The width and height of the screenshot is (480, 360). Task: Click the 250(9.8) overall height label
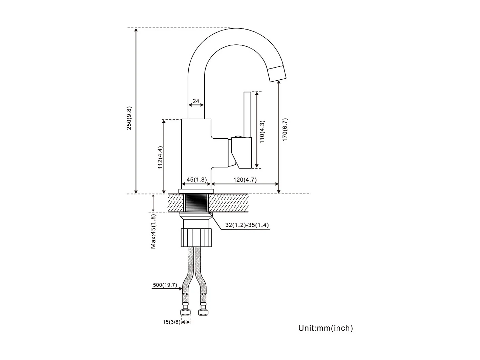(x=129, y=118)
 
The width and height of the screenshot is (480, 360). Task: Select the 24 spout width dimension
(x=196, y=101)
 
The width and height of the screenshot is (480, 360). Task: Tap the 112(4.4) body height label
(x=160, y=157)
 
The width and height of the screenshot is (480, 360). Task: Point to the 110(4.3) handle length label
(x=262, y=132)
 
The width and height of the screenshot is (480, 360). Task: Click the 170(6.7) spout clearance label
(x=285, y=129)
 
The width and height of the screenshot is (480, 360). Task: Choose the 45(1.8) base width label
(x=196, y=180)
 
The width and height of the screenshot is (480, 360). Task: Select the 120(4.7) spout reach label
(x=245, y=180)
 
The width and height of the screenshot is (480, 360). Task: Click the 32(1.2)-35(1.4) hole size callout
(x=247, y=225)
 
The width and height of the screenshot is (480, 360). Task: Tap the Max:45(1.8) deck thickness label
(x=153, y=232)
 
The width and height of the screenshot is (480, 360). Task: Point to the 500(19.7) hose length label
(x=165, y=285)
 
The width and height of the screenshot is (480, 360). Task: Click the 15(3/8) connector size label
(x=171, y=322)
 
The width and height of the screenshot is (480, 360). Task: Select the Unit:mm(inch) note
(x=325, y=328)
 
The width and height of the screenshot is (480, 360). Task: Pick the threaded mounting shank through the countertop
(x=196, y=203)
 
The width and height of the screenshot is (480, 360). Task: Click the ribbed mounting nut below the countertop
(x=196, y=238)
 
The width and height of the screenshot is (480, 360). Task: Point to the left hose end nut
(x=185, y=311)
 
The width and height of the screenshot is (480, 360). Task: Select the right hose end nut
(x=203, y=311)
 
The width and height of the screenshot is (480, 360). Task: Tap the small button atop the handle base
(x=237, y=137)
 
